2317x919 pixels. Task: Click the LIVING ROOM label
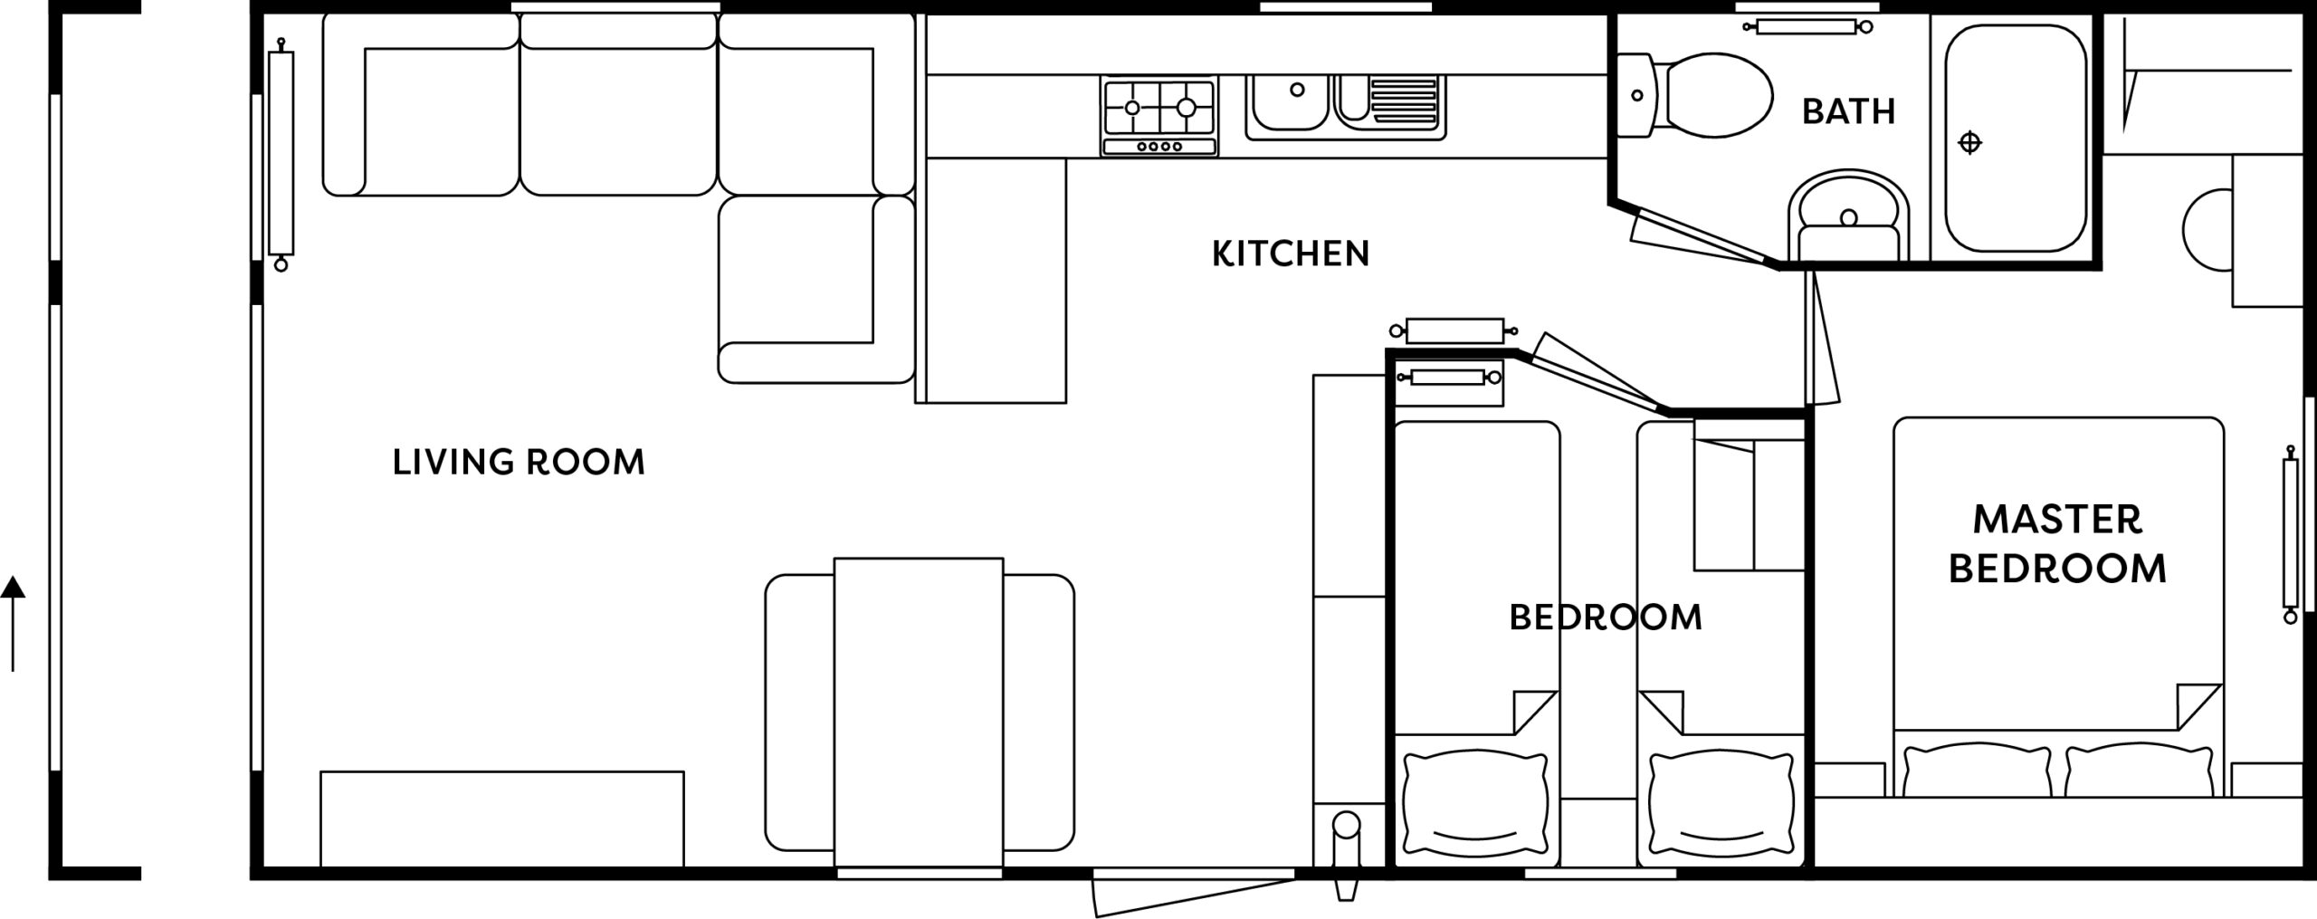point(519,463)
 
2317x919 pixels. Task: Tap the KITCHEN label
point(1291,254)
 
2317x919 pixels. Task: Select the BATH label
point(1848,111)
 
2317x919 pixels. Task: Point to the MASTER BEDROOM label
point(2057,545)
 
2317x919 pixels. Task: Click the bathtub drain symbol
point(1969,143)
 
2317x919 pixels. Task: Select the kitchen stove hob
point(1159,116)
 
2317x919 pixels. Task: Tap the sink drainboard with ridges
point(1403,100)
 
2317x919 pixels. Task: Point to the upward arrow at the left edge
point(13,625)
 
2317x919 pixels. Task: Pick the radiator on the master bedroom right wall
point(2291,534)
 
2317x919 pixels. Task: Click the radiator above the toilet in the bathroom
point(1806,27)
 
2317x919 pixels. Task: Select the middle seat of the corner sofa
point(619,104)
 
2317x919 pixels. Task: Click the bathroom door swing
point(1702,240)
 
